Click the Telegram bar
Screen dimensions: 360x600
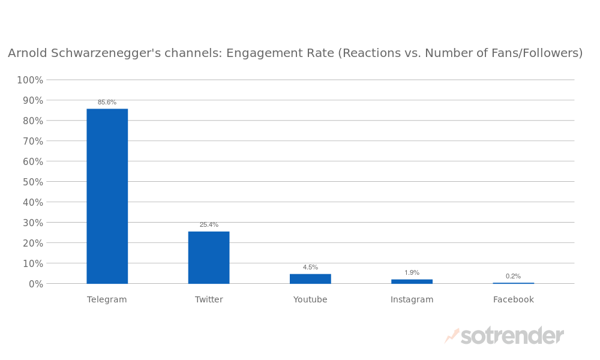pos(107,196)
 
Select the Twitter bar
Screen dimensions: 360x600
pos(209,257)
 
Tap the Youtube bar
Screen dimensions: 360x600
pos(310,278)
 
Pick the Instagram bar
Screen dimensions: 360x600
pos(412,281)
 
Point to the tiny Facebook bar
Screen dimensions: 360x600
pos(513,283)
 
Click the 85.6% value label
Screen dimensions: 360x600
pos(107,102)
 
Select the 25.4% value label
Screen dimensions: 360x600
pos(209,224)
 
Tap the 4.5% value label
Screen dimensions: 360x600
pos(310,267)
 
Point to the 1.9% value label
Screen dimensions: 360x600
pos(412,272)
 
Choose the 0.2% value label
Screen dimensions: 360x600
pos(513,276)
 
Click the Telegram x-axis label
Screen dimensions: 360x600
pos(107,299)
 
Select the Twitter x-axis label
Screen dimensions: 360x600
pos(209,299)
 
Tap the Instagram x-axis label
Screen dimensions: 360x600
pos(412,299)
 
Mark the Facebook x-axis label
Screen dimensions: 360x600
pos(513,299)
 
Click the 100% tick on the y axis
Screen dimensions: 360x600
pos(30,80)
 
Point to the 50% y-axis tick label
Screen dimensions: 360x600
pos(32,182)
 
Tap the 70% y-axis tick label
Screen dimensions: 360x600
pos(32,141)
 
